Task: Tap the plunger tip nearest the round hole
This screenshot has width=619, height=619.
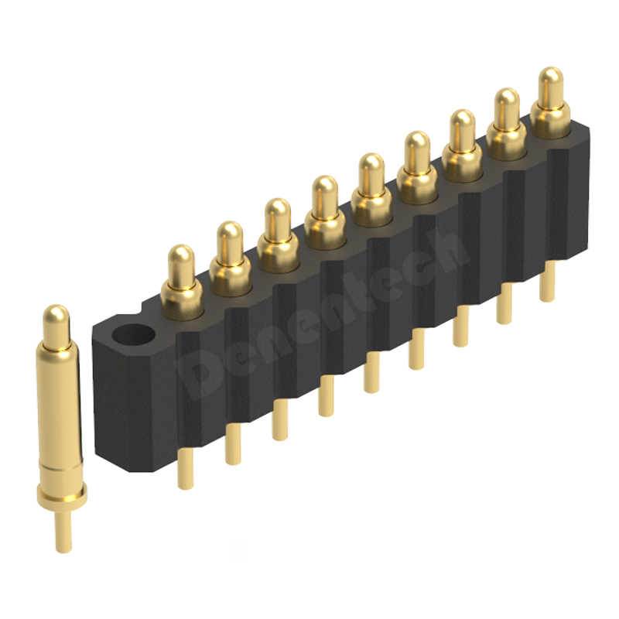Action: coord(181,266)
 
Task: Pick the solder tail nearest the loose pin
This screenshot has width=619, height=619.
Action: coord(186,469)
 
